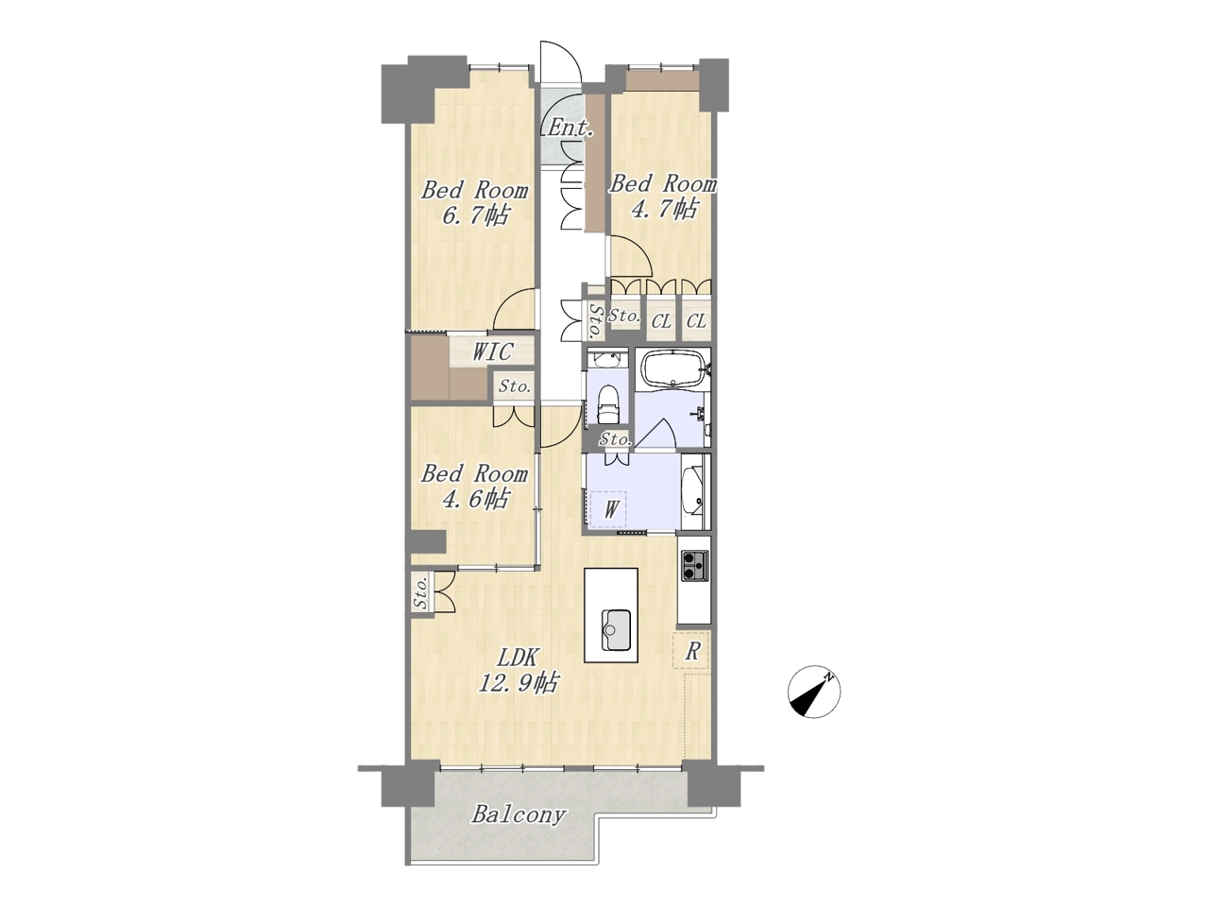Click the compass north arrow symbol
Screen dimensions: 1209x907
point(813,692)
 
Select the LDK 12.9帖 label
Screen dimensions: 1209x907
point(518,669)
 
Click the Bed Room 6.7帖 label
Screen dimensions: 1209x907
point(474,202)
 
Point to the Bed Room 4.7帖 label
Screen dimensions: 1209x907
point(662,197)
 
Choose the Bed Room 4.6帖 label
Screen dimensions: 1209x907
point(474,487)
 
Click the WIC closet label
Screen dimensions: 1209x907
point(493,351)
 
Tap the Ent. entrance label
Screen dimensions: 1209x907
point(570,128)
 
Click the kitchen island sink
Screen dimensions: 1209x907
point(616,629)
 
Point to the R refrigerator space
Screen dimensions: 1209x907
point(691,652)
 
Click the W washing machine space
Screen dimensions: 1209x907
point(608,509)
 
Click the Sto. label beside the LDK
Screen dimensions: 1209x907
point(421,593)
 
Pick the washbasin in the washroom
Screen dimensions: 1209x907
point(692,494)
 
